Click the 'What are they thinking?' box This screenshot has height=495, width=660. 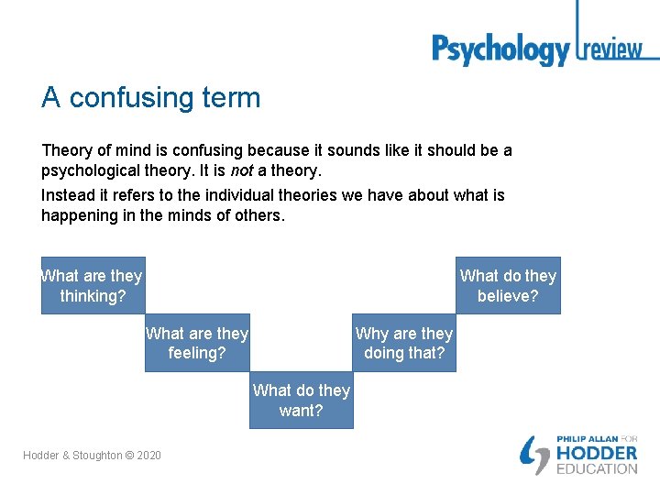point(93,285)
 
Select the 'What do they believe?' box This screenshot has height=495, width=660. point(508,285)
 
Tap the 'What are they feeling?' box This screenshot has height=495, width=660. point(197,343)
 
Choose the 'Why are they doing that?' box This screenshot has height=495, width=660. point(404,343)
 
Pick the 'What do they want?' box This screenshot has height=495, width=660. point(301,401)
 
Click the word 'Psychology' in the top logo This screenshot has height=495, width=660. point(500,49)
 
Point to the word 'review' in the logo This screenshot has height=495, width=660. point(613,49)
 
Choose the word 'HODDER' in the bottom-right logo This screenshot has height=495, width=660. point(597,454)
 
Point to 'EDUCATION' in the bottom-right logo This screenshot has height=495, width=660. point(597,469)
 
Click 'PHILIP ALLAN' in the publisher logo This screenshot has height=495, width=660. point(586,439)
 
